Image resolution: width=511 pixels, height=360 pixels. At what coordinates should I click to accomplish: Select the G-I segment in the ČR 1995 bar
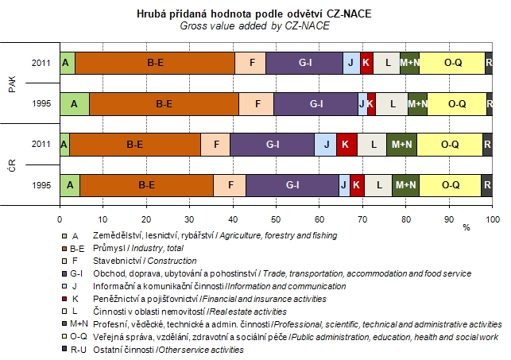pos(292,184)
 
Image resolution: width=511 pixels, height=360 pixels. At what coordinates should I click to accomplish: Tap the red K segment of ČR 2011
pos(346,144)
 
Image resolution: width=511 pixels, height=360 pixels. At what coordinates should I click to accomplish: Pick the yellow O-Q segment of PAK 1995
pos(457,103)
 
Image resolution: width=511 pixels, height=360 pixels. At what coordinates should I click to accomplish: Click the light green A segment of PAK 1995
pos(74,103)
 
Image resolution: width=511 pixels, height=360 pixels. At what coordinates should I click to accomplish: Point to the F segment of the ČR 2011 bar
pos(215,144)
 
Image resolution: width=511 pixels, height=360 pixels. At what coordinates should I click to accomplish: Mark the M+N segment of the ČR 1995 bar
pos(405,184)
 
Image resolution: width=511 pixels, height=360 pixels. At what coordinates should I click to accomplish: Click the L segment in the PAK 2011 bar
pos(387,62)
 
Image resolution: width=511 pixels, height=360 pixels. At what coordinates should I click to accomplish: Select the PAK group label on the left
pos(12,83)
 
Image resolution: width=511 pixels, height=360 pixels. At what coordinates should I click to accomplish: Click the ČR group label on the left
pos(12,165)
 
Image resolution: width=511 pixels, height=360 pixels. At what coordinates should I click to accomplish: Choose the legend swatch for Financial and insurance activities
pos(64,299)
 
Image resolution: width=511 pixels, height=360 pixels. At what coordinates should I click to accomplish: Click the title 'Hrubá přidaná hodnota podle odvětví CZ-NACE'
pos(276,14)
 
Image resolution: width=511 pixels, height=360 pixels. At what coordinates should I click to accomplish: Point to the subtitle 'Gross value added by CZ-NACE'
pos(276,25)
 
